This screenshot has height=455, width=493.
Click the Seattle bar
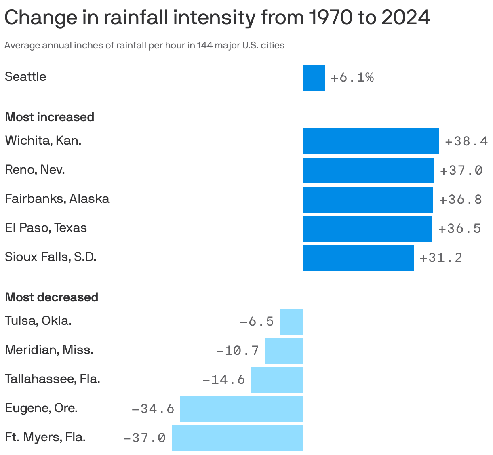point(314,78)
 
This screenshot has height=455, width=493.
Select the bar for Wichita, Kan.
point(371,141)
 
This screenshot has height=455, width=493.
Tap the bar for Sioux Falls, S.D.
point(358,258)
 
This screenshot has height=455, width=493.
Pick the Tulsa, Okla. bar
point(291,322)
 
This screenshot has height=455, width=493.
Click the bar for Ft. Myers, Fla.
point(237,438)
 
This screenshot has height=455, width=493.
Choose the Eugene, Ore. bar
point(241,409)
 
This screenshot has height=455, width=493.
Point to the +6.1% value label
point(352,78)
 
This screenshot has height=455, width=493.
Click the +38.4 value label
point(466,141)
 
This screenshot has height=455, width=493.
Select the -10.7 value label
point(238,350)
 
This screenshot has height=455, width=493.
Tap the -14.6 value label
point(223,380)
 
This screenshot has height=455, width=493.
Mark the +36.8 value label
point(461,200)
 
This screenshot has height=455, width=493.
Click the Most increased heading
point(49,117)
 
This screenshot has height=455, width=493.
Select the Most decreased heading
point(51,297)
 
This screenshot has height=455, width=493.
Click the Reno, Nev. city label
point(35,170)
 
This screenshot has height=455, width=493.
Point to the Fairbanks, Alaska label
point(57,199)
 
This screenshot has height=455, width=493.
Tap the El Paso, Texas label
point(46,228)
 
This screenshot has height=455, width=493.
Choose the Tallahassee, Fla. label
point(52,379)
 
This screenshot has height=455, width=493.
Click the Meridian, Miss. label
point(49,350)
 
